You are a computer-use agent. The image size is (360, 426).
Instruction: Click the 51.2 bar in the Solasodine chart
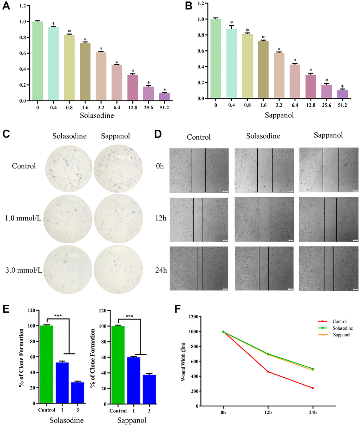164,97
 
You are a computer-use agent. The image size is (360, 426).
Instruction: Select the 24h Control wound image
199,268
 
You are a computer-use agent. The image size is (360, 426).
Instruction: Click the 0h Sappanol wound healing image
328,170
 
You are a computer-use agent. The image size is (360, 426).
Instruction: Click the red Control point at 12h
268,372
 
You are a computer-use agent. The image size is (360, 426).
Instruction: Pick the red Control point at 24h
313,388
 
